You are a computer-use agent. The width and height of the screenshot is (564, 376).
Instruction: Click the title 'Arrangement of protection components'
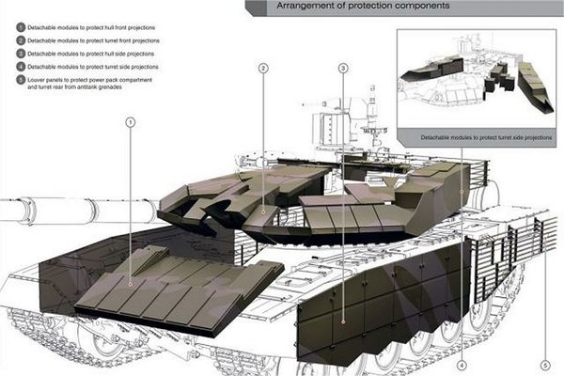point(363,6)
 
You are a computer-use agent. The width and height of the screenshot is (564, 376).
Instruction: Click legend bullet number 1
point(21,27)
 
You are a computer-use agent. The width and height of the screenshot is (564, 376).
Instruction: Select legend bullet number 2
point(21,40)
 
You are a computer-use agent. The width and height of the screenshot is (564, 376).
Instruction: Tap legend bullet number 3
point(21,54)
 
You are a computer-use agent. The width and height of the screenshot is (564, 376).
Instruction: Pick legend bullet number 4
point(21,67)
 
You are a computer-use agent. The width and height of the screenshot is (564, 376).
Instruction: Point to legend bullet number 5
point(21,80)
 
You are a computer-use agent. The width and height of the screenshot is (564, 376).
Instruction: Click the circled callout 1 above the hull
point(131,123)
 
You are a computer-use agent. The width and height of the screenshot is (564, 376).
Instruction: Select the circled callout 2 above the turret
point(263,68)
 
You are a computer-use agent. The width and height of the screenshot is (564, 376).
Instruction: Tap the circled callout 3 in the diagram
point(343,68)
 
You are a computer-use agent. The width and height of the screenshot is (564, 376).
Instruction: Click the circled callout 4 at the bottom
point(462,366)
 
